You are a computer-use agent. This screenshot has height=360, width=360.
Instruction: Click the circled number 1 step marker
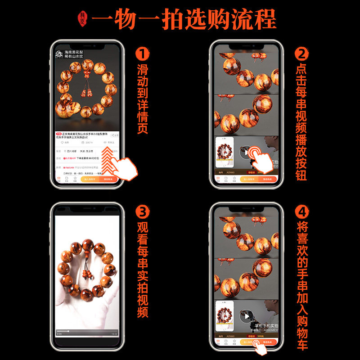[142, 54]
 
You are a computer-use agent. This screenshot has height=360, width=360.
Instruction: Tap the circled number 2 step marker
[301, 54]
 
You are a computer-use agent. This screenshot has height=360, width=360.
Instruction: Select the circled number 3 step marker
[142, 211]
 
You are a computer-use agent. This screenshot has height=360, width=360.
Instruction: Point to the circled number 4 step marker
[301, 211]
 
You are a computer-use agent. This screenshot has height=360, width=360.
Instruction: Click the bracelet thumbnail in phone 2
[225, 153]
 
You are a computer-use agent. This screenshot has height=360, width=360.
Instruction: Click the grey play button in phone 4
[245, 316]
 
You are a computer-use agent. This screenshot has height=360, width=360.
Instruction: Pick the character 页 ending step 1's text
[142, 128]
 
